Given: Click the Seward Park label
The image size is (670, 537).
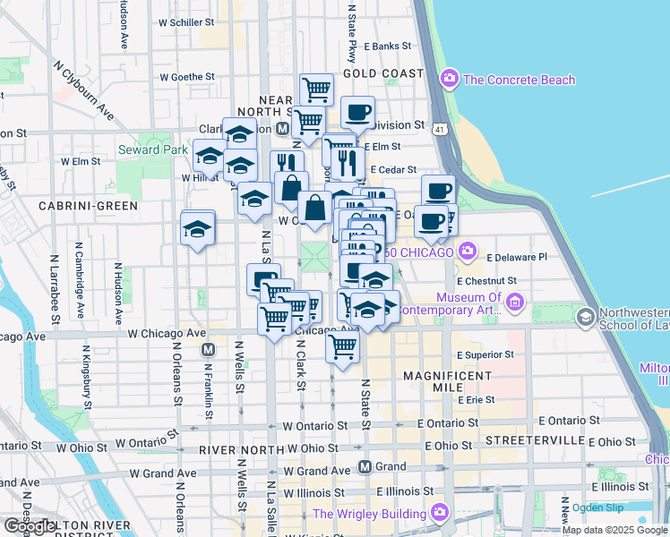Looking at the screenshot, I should pos(151,149).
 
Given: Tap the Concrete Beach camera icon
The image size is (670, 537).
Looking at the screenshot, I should pos(450,80).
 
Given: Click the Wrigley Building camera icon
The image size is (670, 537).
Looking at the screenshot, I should pos(439,513).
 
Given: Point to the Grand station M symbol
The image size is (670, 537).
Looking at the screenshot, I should pos(365,466).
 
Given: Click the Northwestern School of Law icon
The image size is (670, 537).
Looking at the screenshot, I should pos(585,317).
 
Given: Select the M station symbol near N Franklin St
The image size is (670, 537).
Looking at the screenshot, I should pos(208,350).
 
